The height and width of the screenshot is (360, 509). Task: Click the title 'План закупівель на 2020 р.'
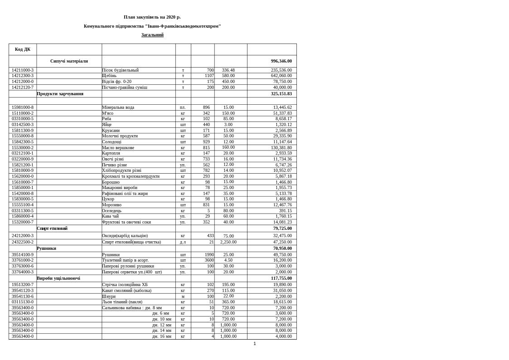point(152,17)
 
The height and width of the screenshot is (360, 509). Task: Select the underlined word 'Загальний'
point(152,35)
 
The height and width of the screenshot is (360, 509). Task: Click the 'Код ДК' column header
point(23,49)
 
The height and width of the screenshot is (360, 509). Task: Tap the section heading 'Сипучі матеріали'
point(69,61)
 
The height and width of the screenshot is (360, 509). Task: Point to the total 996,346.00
point(281,61)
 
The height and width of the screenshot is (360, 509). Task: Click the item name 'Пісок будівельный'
point(120,70)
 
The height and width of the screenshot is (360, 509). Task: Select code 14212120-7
point(23,88)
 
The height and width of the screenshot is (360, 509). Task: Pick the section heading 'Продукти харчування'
point(60,94)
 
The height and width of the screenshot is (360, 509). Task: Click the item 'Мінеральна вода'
point(118,107)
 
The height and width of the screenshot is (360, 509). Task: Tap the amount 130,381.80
point(281,148)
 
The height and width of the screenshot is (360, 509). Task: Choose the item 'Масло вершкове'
point(118,148)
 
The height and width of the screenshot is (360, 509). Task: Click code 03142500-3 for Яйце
point(23,125)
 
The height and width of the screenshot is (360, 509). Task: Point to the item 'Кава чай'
point(110,216)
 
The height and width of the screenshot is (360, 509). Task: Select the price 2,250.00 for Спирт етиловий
point(228,242)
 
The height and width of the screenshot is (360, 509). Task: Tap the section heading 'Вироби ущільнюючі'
point(58,278)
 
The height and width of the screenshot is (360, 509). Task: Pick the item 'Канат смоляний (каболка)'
point(126,291)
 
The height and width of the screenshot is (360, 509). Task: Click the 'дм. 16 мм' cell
point(161,336)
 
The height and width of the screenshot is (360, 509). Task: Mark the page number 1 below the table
point(255,344)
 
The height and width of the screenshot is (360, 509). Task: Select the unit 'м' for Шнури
point(183,297)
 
